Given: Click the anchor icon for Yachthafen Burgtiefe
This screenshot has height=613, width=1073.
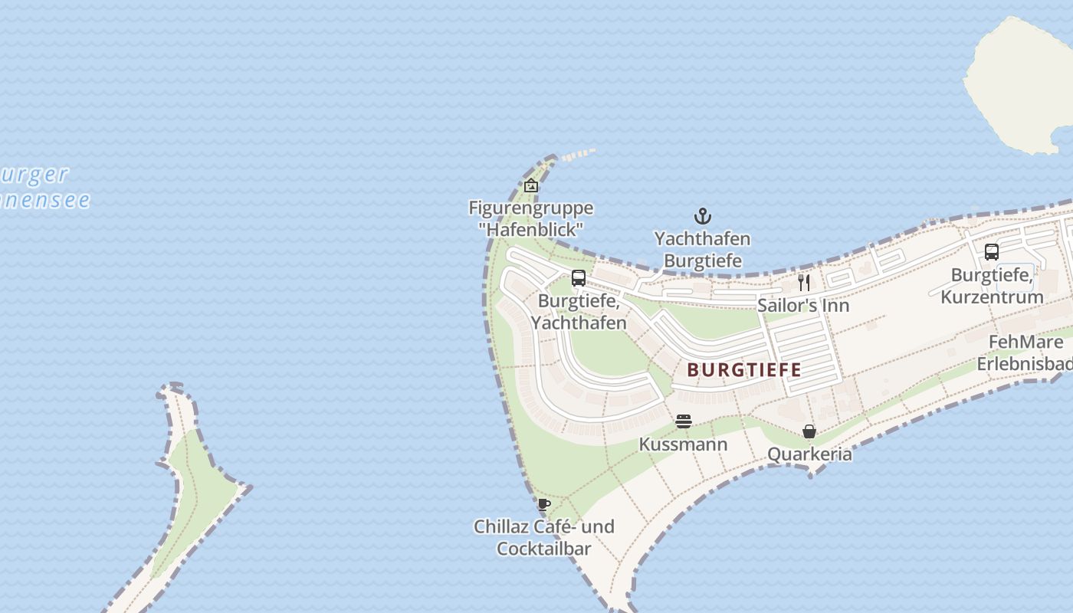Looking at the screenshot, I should pyautogui.click(x=702, y=216).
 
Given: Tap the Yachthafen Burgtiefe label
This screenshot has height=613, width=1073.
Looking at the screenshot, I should pyautogui.click(x=702, y=250).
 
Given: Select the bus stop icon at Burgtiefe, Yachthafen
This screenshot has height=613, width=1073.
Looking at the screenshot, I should pyautogui.click(x=579, y=278).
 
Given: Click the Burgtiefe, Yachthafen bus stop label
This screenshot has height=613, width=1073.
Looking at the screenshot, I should pyautogui.click(x=579, y=312).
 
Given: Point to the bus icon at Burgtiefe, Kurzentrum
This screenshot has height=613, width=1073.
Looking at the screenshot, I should pyautogui.click(x=991, y=252).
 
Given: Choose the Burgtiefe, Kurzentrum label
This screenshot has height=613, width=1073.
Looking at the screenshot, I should pyautogui.click(x=992, y=286).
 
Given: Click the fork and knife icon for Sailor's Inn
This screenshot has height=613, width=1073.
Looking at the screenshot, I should pyautogui.click(x=803, y=283).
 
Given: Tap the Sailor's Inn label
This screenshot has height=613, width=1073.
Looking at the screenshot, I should pyautogui.click(x=803, y=306).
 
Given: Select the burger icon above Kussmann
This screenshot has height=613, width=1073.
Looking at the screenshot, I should pyautogui.click(x=684, y=421).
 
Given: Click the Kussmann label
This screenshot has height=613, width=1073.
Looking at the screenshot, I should pyautogui.click(x=684, y=444).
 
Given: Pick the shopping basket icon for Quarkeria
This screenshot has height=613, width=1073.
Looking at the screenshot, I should pyautogui.click(x=809, y=432).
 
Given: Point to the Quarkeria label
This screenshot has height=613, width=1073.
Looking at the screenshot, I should pyautogui.click(x=809, y=454).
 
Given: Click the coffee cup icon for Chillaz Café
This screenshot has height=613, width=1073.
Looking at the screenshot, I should pyautogui.click(x=544, y=504).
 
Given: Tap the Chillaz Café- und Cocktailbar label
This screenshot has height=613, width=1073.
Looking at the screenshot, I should pyautogui.click(x=544, y=537).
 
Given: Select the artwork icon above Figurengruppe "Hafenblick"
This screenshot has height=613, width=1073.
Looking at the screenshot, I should pyautogui.click(x=531, y=185).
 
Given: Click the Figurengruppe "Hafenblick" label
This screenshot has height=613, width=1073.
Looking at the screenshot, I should pyautogui.click(x=530, y=218).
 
